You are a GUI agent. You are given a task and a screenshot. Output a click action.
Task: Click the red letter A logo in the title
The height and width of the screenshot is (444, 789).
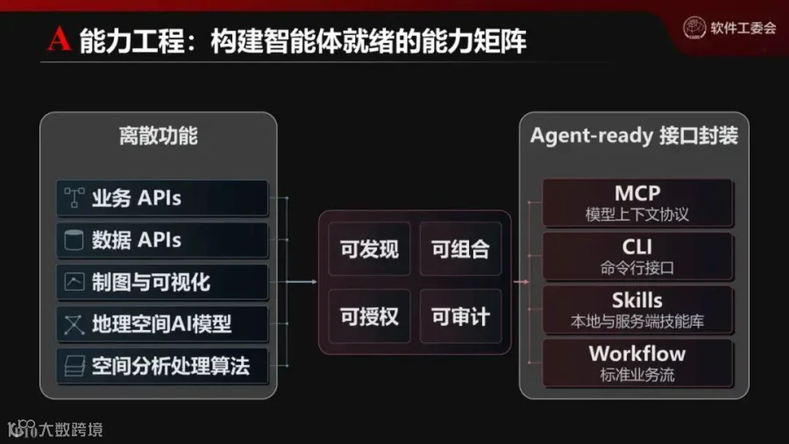click(59, 39)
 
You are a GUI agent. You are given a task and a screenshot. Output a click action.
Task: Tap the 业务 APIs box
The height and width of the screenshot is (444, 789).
click(162, 198)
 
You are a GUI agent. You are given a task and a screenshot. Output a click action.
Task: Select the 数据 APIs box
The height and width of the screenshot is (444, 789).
click(162, 240)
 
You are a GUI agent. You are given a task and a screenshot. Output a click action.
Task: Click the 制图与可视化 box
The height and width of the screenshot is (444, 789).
click(162, 282)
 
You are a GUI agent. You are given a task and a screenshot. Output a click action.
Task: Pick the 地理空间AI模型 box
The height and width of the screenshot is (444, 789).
click(162, 324)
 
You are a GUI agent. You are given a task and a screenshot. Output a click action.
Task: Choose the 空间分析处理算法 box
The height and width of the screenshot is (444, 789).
click(162, 365)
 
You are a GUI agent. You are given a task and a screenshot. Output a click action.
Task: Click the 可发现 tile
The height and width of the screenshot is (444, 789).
click(369, 249)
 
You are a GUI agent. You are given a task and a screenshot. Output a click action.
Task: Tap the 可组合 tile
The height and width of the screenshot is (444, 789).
click(460, 249)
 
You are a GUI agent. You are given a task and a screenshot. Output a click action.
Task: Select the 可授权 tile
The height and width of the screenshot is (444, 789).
click(369, 316)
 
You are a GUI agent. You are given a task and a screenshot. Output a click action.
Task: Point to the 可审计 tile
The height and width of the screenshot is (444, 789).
click(460, 316)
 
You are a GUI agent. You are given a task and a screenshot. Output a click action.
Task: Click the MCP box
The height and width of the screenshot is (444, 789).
click(637, 202)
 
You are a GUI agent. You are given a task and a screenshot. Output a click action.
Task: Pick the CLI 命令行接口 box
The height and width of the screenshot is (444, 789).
click(637, 256)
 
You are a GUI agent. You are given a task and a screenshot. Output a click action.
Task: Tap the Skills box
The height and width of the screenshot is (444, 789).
click(637, 310)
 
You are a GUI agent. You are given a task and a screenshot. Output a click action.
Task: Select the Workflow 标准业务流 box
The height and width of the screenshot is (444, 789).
click(637, 363)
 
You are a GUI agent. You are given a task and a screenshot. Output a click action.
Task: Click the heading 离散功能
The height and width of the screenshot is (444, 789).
click(158, 136)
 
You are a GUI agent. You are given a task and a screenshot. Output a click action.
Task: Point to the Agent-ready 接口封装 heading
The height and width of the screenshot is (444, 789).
click(634, 136)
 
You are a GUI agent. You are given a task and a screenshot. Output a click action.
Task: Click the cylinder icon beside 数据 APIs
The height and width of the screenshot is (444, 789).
click(74, 240)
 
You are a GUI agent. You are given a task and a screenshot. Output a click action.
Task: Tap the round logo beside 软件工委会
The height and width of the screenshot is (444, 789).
click(694, 28)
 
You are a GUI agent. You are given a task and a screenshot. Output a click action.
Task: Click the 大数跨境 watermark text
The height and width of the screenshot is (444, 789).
click(71, 429)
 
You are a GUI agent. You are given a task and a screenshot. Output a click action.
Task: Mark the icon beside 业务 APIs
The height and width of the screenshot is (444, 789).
click(74, 198)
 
